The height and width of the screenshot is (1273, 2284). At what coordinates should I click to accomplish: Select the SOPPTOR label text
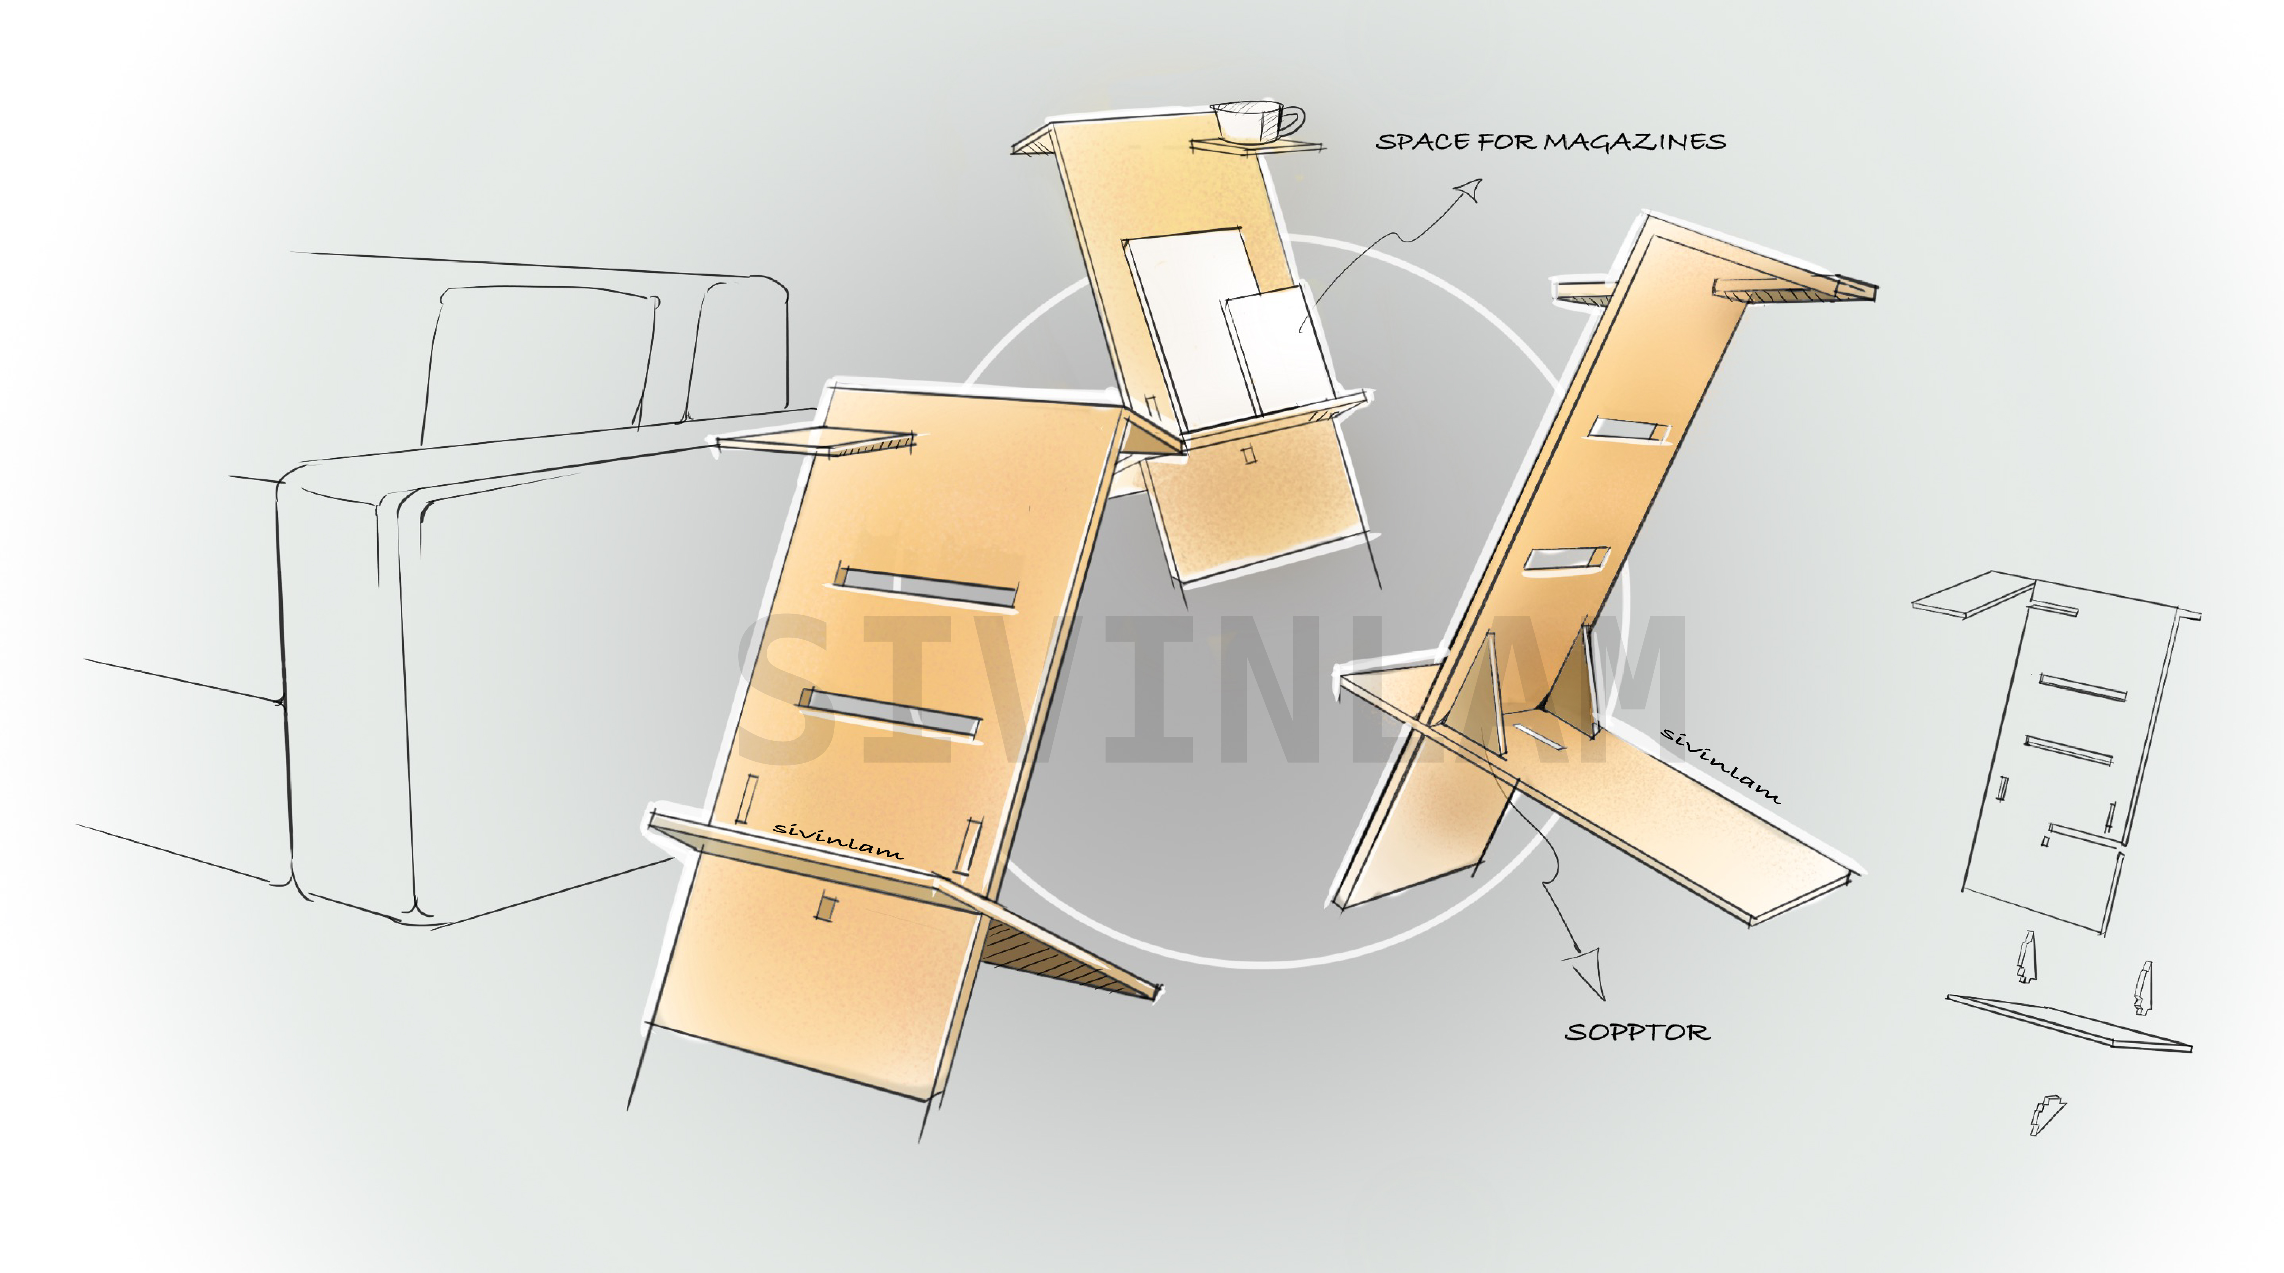pyautogui.click(x=1637, y=1032)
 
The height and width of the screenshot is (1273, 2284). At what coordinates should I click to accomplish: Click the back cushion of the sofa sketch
pyautogui.click(x=541, y=355)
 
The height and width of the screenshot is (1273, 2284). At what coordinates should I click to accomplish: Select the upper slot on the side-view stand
pyautogui.click(x=1627, y=430)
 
